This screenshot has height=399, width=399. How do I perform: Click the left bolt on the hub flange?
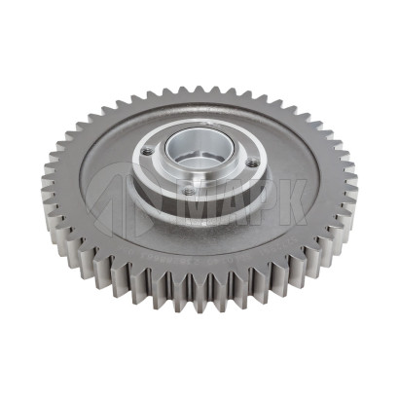click(x=147, y=151)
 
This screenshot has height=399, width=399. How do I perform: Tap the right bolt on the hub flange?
click(x=250, y=163)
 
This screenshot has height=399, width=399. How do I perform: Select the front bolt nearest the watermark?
click(x=188, y=192)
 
